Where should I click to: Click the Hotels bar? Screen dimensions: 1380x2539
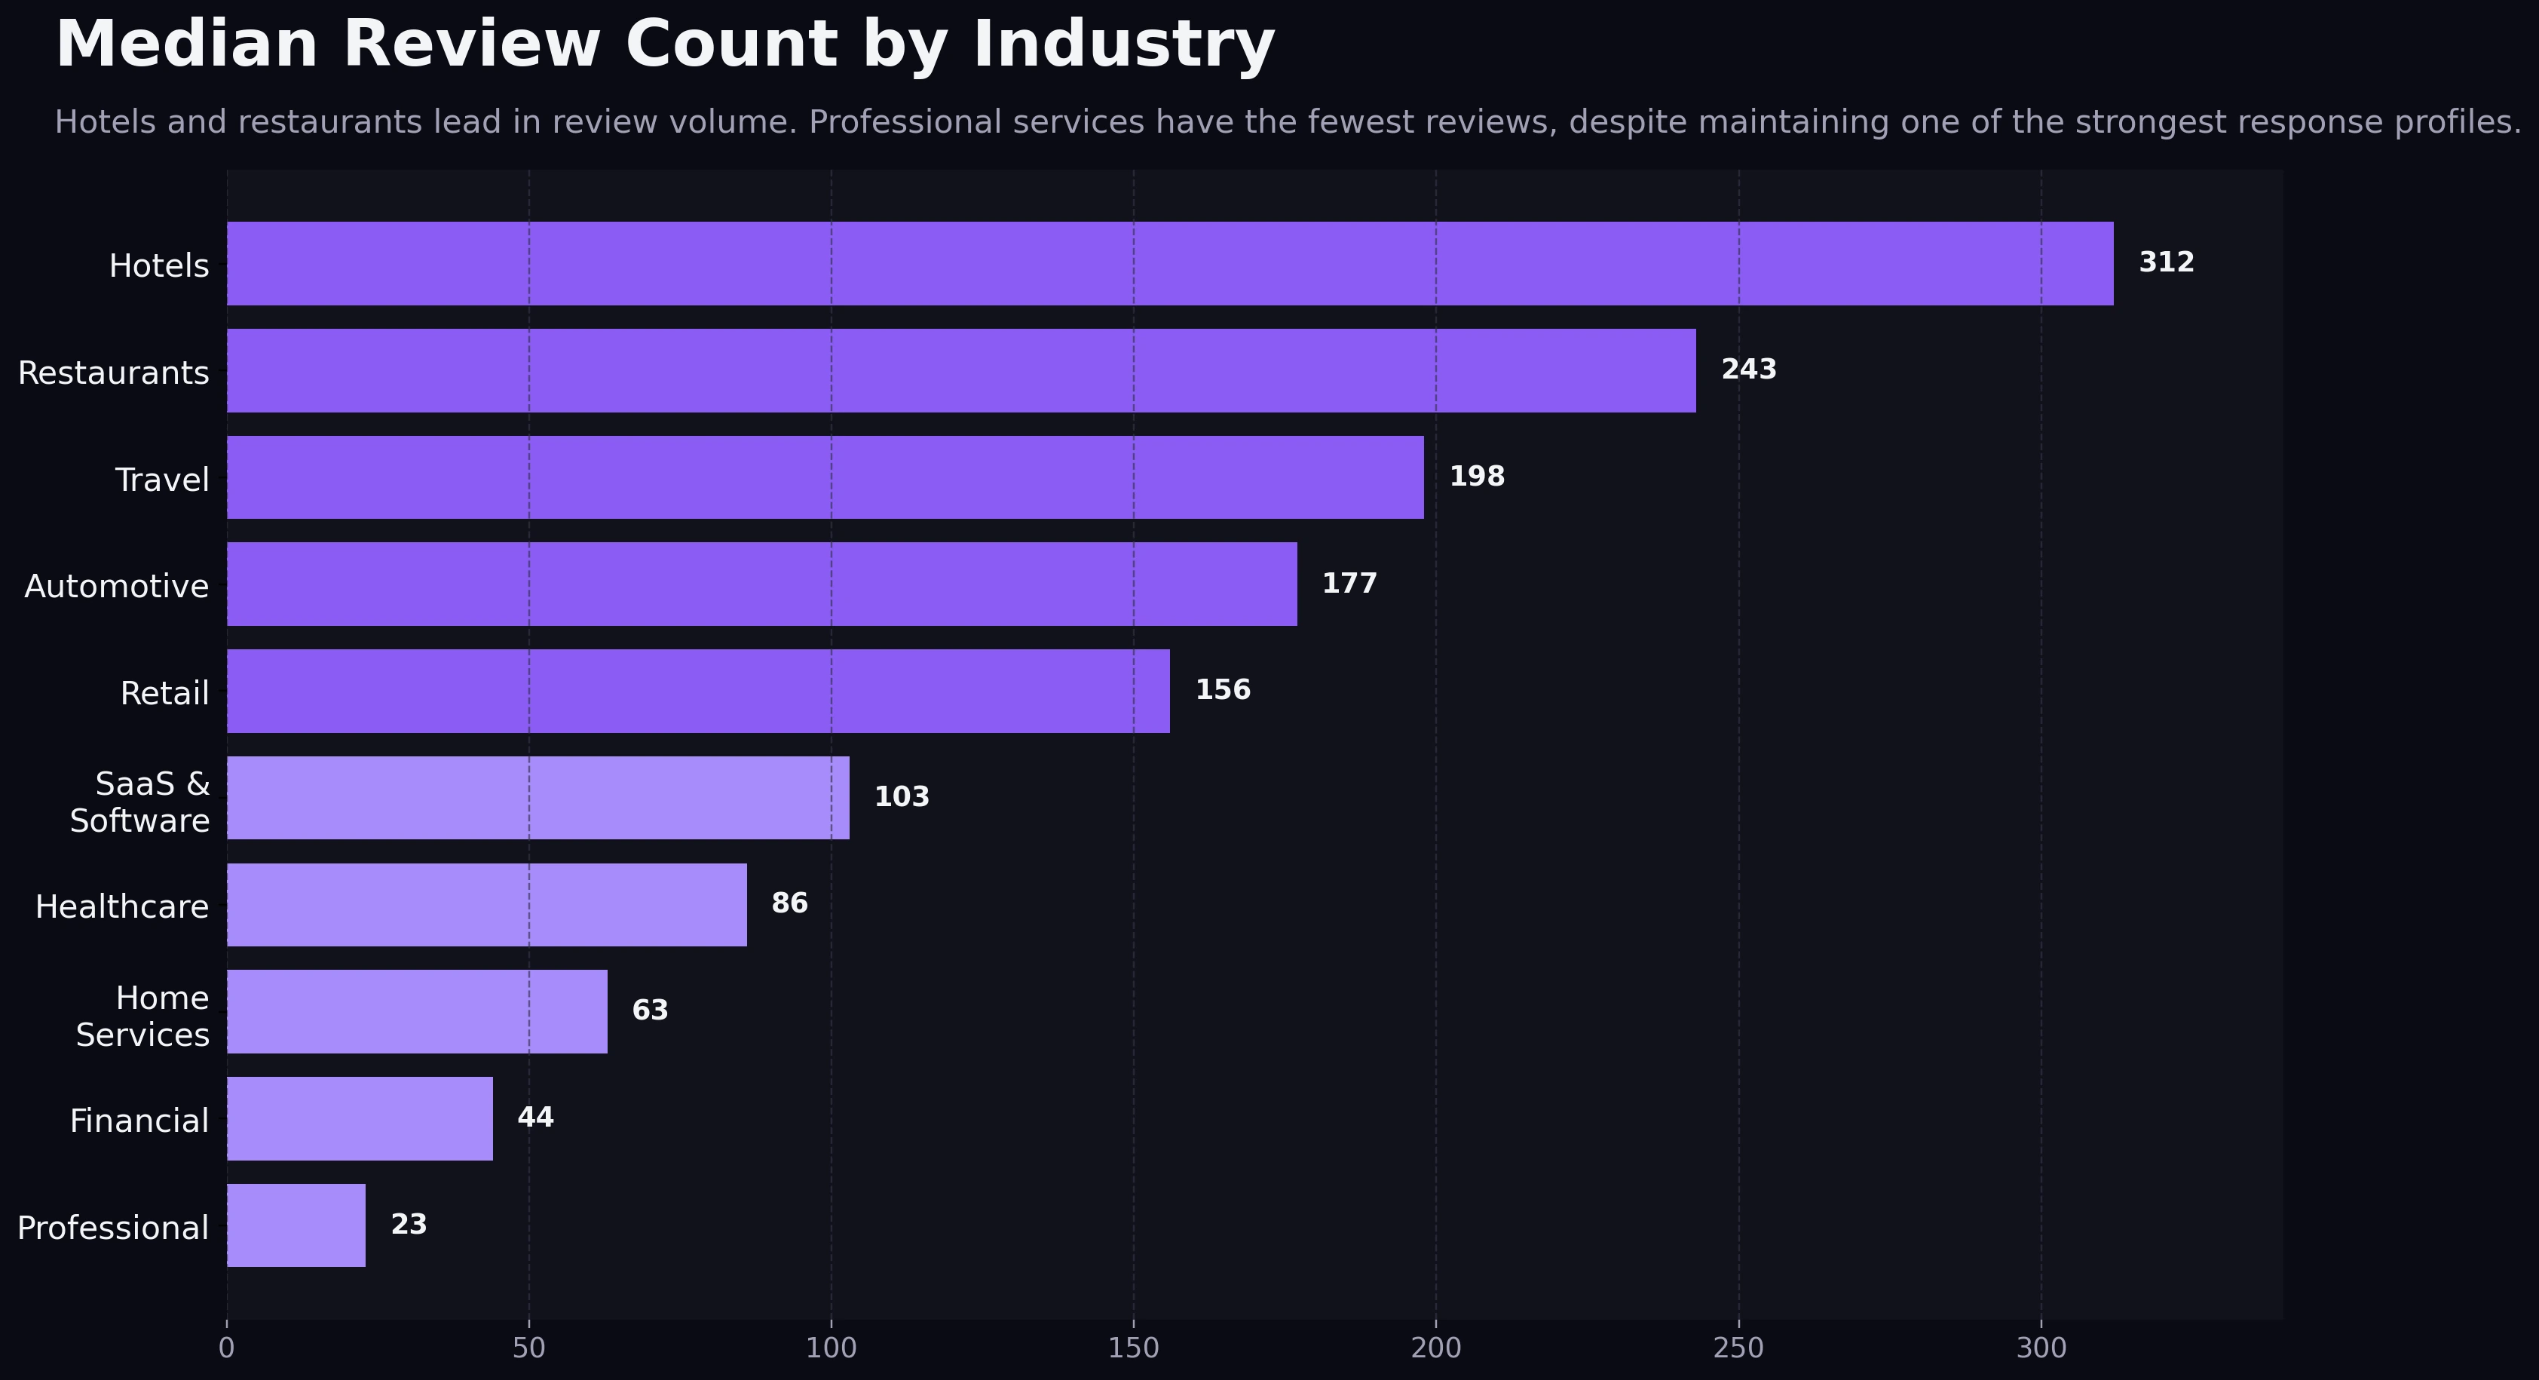tap(1170, 263)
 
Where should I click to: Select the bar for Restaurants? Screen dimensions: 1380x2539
tap(961, 370)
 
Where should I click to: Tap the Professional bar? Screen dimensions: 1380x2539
tap(296, 1225)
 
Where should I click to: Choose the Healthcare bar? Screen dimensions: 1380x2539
tap(487, 905)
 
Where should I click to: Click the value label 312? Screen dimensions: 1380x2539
tap(2165, 262)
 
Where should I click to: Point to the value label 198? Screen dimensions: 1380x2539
tap(1477, 477)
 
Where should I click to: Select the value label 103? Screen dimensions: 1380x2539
tap(901, 796)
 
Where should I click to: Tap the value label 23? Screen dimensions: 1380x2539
tap(408, 1224)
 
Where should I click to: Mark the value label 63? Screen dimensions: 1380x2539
tap(650, 1010)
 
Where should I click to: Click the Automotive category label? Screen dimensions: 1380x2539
tap(116, 587)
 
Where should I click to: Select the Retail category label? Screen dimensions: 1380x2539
tap(164, 694)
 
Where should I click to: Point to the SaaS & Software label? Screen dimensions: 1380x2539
tap(140, 802)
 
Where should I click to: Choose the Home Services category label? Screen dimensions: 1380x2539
tap(143, 1017)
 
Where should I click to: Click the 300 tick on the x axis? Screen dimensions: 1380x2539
tap(2040, 1348)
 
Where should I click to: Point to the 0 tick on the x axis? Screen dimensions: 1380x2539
tap(227, 1348)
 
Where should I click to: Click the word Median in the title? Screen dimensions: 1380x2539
tap(186, 45)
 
